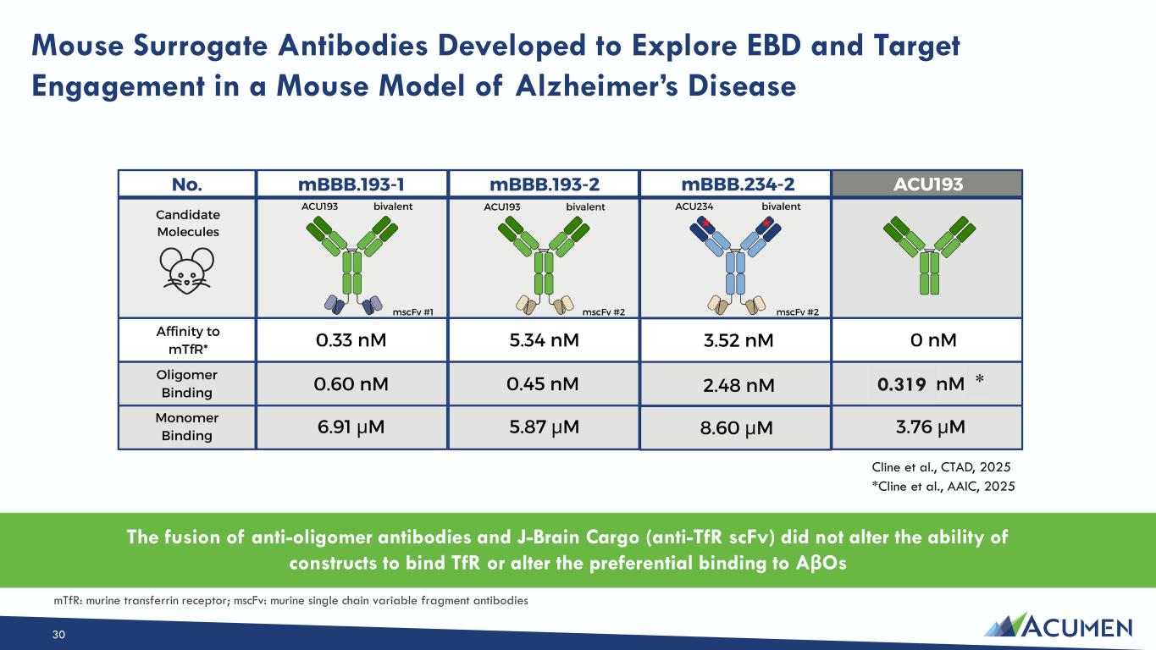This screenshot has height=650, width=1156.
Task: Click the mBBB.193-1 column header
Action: (351, 185)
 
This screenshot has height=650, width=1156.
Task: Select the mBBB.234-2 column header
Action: (738, 185)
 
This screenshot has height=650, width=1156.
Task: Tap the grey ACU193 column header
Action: (927, 185)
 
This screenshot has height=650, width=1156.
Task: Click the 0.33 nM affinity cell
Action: (351, 340)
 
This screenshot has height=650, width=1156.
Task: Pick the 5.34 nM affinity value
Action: (544, 340)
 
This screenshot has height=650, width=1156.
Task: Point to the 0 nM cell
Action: (933, 340)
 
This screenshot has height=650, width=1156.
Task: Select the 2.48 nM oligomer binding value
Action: (738, 385)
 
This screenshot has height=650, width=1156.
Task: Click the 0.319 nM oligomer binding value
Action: (921, 384)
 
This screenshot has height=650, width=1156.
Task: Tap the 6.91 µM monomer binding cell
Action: (351, 427)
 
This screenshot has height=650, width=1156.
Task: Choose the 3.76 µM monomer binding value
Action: (930, 427)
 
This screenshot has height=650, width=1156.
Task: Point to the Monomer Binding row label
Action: (187, 427)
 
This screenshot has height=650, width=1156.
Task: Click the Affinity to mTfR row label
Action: (188, 340)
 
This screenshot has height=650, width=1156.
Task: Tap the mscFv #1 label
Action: (413, 312)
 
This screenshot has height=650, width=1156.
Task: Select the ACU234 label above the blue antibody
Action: (694, 207)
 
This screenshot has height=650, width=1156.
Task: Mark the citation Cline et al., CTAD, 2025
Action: (941, 467)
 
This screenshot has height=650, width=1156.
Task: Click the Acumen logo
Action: (1058, 625)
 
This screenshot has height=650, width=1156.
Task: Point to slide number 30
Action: (58, 635)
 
